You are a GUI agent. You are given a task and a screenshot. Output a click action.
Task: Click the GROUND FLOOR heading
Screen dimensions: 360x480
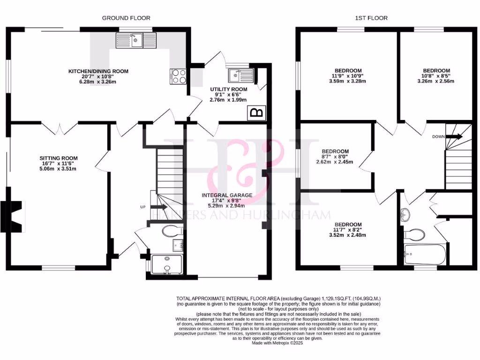(126, 18)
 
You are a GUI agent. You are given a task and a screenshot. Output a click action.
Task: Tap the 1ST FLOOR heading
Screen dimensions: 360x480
(371, 18)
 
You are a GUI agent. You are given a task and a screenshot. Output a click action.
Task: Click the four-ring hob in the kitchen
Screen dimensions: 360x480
(179, 76)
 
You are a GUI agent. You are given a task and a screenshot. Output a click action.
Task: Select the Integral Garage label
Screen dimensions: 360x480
(227, 195)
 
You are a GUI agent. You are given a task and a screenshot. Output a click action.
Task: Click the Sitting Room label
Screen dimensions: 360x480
(59, 158)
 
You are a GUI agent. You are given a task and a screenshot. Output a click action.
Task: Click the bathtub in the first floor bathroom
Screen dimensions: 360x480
(425, 254)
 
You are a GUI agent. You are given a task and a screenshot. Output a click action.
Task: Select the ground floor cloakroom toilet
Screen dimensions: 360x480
(172, 231)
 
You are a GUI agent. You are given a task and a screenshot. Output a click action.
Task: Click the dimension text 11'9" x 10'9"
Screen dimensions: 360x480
(346, 76)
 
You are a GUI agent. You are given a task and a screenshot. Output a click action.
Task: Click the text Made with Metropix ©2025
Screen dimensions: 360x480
(278, 343)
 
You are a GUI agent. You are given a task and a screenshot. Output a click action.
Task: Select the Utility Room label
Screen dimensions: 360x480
(228, 89)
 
